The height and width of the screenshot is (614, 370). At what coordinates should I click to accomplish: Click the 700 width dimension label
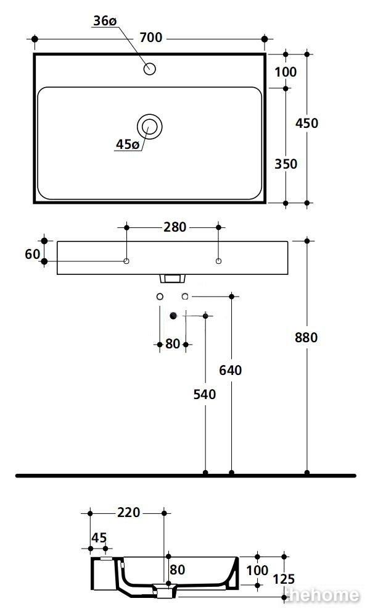151,38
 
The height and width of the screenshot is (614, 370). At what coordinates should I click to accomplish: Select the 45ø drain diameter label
128,145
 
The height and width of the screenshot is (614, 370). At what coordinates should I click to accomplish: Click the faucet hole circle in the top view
149,69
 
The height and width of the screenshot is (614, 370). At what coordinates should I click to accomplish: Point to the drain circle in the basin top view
149,126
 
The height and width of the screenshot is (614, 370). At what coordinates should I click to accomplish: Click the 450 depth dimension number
306,124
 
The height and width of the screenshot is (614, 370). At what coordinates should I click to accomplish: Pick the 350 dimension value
286,164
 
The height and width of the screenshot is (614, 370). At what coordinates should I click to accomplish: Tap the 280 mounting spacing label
175,227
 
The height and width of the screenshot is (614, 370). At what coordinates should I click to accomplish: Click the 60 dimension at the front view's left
33,254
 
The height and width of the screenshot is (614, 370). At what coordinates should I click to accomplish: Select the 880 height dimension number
306,337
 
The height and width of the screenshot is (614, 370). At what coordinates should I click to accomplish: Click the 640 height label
231,370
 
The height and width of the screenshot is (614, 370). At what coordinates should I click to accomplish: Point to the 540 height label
205,394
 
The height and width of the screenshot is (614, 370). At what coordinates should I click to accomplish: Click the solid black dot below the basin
173,316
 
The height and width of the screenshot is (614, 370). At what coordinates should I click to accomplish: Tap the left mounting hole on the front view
126,261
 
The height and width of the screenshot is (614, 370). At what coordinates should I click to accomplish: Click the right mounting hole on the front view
219,261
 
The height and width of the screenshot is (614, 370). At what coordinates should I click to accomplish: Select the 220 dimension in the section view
128,512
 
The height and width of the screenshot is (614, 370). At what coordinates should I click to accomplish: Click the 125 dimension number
284,579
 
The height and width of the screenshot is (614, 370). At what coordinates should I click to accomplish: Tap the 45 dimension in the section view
99,538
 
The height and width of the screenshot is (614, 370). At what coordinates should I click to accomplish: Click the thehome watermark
323,595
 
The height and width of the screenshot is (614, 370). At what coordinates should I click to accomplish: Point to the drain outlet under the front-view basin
171,279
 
